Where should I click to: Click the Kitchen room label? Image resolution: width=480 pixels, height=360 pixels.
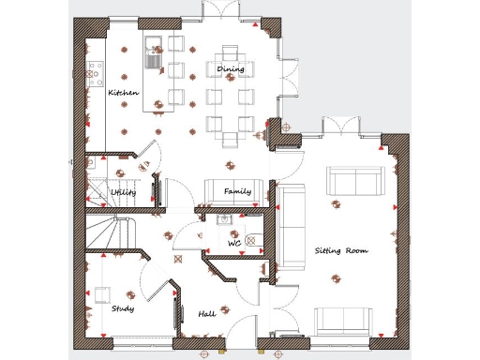point(124,93)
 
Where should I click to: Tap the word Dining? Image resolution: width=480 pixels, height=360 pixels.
point(231,69)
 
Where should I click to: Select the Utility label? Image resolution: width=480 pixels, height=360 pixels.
point(123,192)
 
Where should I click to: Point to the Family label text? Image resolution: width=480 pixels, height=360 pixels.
point(237,191)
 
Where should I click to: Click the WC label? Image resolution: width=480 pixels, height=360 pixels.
point(235,244)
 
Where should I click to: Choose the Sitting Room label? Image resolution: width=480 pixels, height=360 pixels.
point(340,251)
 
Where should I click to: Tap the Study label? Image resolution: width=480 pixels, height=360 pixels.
point(122,308)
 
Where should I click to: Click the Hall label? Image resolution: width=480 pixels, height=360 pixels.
point(207,314)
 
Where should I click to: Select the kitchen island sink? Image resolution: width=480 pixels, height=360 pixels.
point(154,59)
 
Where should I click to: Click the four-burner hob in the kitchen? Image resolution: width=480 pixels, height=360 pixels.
point(94,72)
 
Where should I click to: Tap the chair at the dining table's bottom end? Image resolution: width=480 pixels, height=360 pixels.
point(231,140)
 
